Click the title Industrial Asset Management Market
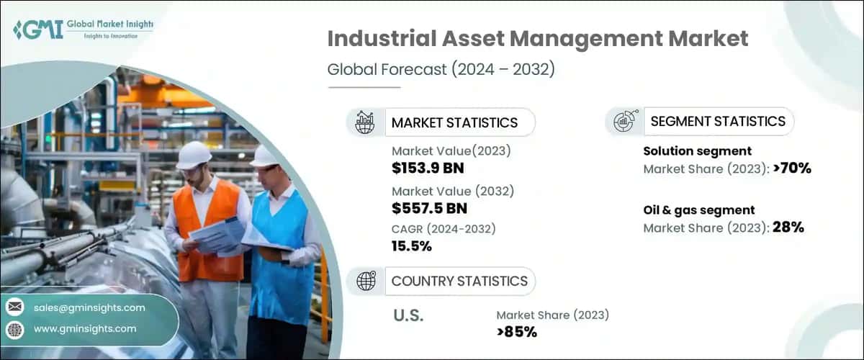tap(538, 39)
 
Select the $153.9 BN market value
tap(428, 168)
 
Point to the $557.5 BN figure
tap(429, 209)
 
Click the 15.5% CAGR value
tap(412, 246)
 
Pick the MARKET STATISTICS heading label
tap(454, 122)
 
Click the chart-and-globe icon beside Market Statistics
tap(365, 122)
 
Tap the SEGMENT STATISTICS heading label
tap(718, 122)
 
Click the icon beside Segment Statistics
tap(624, 122)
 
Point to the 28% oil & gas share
tap(788, 228)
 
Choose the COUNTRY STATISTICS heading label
tap(459, 281)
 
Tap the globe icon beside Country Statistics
tap(366, 281)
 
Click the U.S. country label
tap(408, 315)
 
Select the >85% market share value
tap(516, 332)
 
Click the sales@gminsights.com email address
tap(89, 307)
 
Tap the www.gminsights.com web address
tap(84, 328)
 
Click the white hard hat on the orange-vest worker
tap(194, 155)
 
